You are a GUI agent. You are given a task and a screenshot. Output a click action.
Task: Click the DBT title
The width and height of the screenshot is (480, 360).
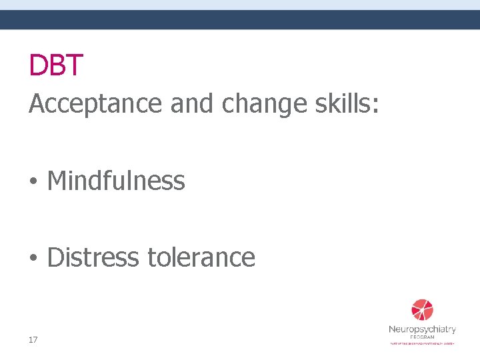tap(56, 65)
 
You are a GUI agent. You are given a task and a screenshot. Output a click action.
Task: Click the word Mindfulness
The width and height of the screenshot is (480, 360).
tap(116, 181)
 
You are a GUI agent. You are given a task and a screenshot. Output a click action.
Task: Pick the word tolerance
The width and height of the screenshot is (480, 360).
tap(201, 257)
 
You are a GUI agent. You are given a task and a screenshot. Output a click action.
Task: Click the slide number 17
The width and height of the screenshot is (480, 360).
tap(33, 340)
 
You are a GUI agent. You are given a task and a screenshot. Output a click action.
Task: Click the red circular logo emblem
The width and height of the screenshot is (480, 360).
tap(422, 310)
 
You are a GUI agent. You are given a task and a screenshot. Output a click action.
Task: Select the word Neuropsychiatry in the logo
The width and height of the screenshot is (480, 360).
tap(422, 329)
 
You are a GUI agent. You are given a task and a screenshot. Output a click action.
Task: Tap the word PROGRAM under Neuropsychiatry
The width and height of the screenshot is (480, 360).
tap(422, 337)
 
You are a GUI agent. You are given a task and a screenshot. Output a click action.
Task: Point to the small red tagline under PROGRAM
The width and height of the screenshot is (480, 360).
tap(422, 343)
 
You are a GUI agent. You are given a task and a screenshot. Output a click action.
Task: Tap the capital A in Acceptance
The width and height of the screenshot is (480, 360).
tap(37, 103)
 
